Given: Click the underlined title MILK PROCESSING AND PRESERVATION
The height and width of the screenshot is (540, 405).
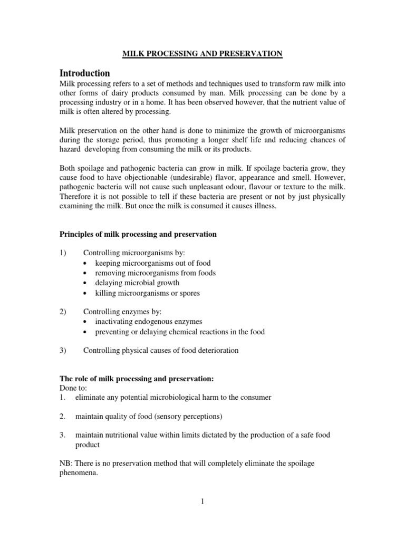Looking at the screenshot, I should tap(202, 53).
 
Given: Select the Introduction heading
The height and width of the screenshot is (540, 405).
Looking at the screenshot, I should tap(85, 73).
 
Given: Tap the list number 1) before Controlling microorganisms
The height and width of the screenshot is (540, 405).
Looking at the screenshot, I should tap(63, 253).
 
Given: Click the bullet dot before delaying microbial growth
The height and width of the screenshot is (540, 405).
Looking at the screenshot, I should tap(86, 283).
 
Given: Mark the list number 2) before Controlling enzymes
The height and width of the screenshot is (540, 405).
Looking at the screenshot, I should tap(63, 312).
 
